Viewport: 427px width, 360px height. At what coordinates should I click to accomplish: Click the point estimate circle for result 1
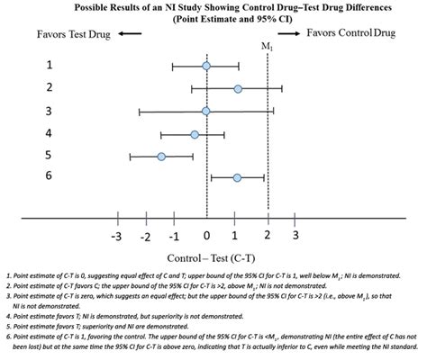(206, 66)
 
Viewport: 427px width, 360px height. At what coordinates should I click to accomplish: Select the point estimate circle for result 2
(238, 88)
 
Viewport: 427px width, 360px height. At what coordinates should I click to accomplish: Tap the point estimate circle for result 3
(206, 111)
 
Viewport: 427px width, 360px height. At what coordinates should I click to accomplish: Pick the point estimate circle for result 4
(195, 134)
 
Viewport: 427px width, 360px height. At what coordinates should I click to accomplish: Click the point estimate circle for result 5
(161, 157)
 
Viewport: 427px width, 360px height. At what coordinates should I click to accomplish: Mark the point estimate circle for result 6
(237, 178)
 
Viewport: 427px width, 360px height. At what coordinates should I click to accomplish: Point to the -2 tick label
(145, 236)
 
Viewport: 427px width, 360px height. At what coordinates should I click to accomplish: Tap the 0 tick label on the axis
(207, 236)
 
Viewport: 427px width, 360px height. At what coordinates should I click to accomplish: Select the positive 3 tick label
(295, 236)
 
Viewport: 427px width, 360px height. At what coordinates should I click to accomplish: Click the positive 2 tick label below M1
(268, 236)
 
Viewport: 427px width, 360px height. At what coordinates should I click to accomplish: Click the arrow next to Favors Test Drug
(131, 33)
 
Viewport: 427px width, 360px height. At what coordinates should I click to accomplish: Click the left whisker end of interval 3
(140, 111)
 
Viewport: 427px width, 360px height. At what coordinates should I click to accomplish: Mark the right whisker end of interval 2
(282, 88)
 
